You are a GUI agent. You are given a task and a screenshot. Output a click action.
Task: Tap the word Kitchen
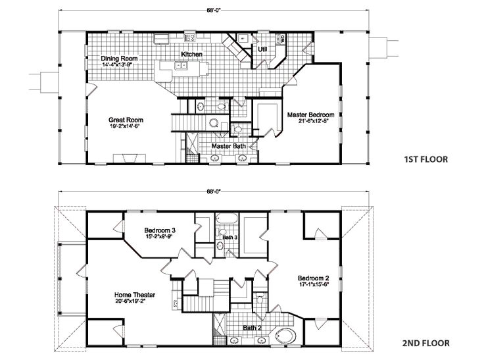coord(192,54)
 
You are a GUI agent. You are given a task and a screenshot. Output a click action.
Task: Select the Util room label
coord(262,49)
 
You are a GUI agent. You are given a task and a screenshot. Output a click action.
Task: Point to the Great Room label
coord(126,120)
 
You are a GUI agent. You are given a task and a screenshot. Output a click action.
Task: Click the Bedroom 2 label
coord(313,277)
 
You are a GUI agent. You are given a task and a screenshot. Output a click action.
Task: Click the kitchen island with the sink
coord(181,66)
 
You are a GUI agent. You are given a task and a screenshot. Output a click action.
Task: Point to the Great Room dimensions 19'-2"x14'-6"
coord(126,126)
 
